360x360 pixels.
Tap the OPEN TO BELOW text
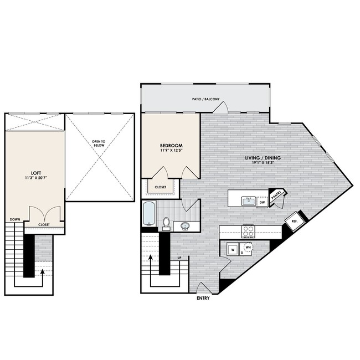click(x=100, y=143)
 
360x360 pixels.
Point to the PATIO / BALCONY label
click(x=206, y=100)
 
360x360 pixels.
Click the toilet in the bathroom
click(x=166, y=223)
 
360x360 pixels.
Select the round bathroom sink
click(x=186, y=225)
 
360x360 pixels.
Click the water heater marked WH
click(x=248, y=247)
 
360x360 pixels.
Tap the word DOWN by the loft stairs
click(x=15, y=219)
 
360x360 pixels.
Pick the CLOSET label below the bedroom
click(x=161, y=187)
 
